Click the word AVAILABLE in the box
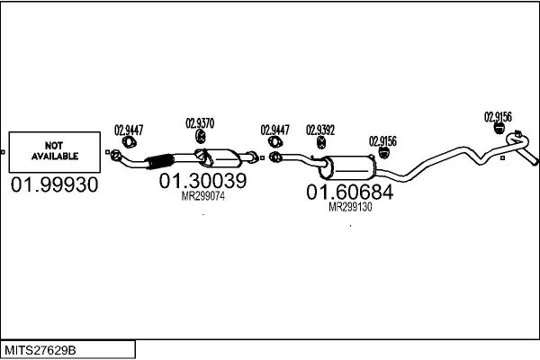click(x=55, y=157)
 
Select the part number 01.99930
click(x=54, y=184)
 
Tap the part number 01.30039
click(x=202, y=181)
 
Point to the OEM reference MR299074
click(x=203, y=196)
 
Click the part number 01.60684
click(x=349, y=192)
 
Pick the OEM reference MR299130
click(x=350, y=207)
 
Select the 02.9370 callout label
click(x=200, y=123)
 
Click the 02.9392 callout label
click(x=320, y=130)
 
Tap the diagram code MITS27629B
click(x=40, y=350)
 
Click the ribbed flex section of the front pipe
click(x=159, y=161)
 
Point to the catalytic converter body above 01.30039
click(x=219, y=158)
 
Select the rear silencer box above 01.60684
click(x=347, y=167)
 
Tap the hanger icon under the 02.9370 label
click(x=201, y=136)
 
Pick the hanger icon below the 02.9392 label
click(x=321, y=142)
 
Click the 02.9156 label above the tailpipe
click(x=498, y=117)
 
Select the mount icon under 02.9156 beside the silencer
click(x=383, y=153)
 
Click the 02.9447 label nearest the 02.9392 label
click(x=274, y=130)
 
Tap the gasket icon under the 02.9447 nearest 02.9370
click(x=129, y=142)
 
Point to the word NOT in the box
click(x=54, y=146)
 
